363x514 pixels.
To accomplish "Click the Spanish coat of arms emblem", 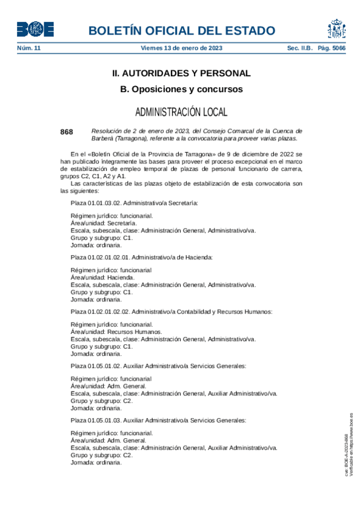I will click(x=337, y=29).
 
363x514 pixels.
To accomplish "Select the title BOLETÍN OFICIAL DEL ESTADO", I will click(x=182, y=31).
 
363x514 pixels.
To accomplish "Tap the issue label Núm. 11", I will click(x=28, y=47).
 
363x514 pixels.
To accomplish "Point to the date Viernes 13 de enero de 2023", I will click(x=181, y=47).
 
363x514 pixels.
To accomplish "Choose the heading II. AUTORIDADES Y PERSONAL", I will click(x=181, y=73).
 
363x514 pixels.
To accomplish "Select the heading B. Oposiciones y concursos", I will click(x=181, y=89).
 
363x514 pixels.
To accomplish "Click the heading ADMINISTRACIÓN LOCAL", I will click(x=181, y=112).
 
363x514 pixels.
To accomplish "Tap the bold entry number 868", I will click(x=67, y=132).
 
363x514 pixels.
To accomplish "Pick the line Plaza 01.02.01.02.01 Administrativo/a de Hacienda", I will click(x=142, y=258).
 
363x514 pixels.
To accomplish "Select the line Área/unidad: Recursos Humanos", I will click(x=116, y=332).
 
